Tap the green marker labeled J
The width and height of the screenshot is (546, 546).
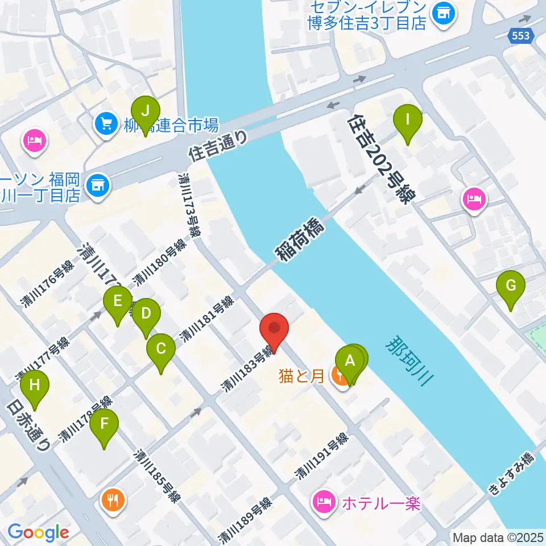[x=146, y=111]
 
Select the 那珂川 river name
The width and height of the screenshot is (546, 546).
[x=409, y=361]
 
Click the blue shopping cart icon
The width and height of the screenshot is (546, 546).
[x=105, y=123]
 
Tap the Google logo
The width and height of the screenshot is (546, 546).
[x=38, y=533]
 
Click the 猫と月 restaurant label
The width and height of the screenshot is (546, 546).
[x=301, y=375]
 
